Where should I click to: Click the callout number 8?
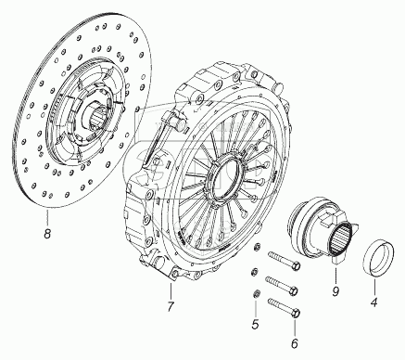47,233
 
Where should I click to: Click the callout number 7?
171,306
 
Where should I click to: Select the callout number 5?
255,324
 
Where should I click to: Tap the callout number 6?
295,342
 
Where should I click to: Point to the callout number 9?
335,291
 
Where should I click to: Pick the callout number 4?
373,302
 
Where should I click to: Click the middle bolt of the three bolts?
282,286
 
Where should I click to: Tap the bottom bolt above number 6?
285,307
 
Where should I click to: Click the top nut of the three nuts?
256,247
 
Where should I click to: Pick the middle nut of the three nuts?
254,272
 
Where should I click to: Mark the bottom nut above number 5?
256,293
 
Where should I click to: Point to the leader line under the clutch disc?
47,217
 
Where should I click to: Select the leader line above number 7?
171,290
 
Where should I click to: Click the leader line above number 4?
374,286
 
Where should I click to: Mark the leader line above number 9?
336,274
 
